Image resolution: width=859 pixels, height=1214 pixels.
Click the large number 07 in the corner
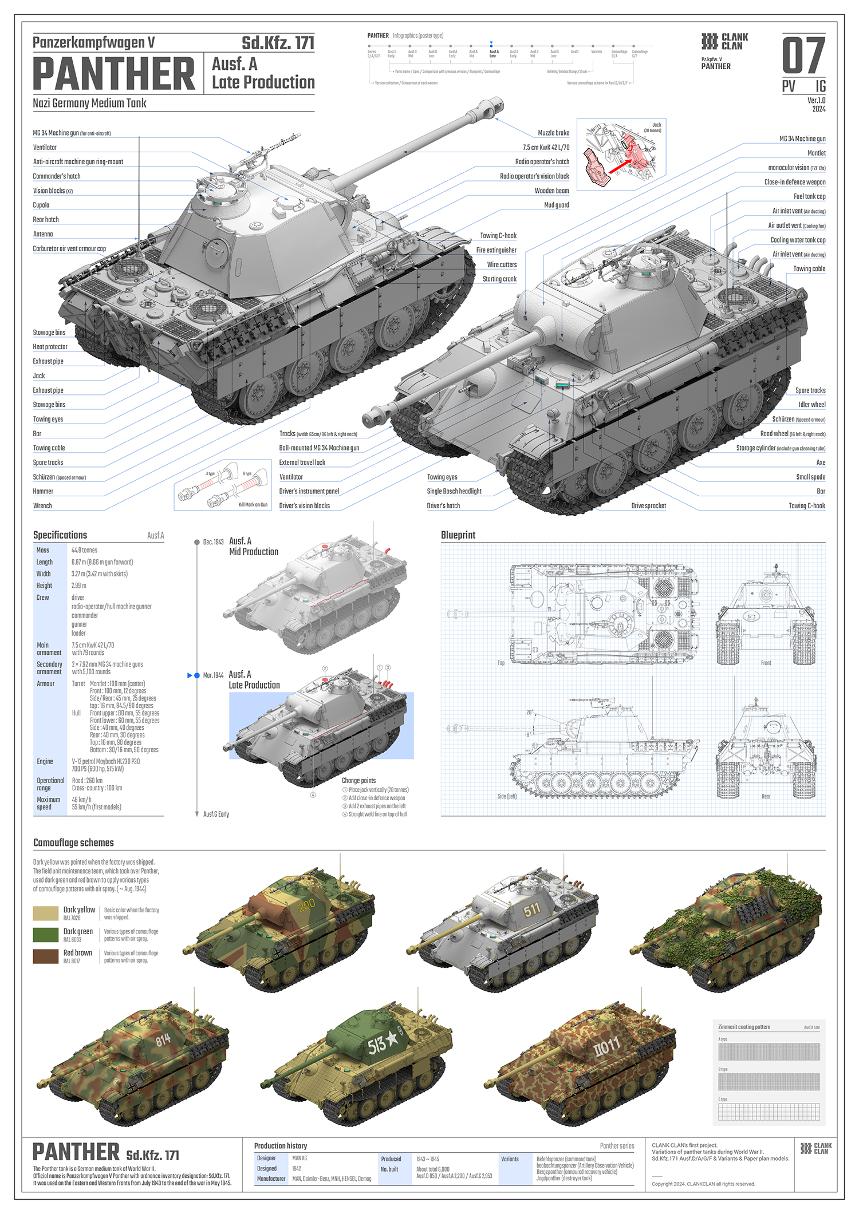click(803, 56)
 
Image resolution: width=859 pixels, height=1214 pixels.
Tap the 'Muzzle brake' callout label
click(553, 133)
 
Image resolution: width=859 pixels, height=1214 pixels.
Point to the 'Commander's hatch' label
click(57, 176)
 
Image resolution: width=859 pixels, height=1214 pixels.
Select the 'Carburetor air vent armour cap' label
click(69, 249)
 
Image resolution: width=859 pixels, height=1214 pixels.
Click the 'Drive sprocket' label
click(648, 506)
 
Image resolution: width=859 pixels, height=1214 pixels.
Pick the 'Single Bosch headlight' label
click(454, 491)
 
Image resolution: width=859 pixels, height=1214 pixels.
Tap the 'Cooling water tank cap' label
click(798, 240)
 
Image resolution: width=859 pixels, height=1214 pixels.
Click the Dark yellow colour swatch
click(46, 913)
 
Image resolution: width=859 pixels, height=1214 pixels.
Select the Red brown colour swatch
click(46, 956)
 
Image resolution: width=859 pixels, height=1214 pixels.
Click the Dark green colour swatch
click(46, 935)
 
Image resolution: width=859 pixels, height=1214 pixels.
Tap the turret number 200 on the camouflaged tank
click(307, 905)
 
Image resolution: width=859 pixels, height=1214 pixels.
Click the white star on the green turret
click(392, 1038)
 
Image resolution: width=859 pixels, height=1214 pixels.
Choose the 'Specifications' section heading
click(60, 535)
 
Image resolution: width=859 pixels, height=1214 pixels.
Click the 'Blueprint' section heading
click(458, 535)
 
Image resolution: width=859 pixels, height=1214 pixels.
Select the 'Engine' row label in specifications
click(45, 761)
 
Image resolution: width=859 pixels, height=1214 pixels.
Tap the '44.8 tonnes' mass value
click(84, 550)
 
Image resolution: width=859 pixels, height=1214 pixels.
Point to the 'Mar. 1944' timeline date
click(213, 675)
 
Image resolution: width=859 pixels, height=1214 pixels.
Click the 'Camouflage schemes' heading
click(73, 843)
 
